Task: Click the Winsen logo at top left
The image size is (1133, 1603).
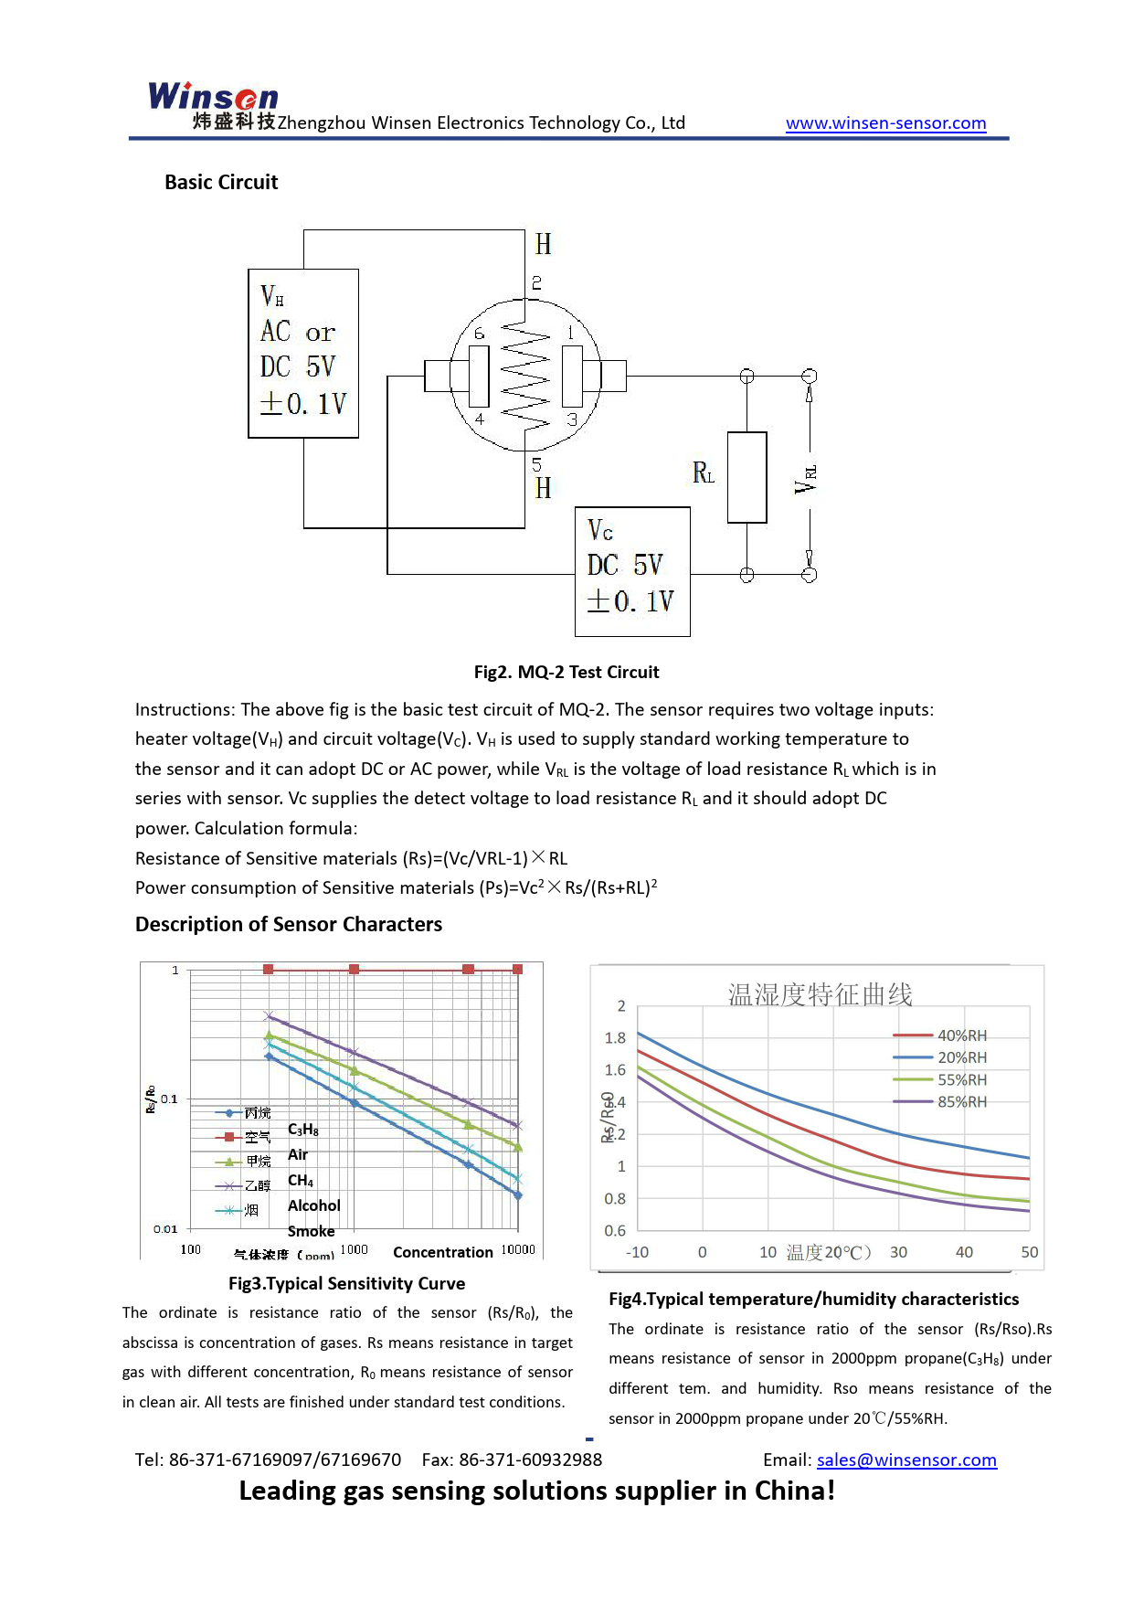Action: click(x=213, y=97)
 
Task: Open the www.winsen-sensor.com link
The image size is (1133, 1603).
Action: click(x=885, y=123)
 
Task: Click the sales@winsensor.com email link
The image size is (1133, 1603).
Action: click(x=906, y=1460)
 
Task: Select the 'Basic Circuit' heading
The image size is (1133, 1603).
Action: click(x=221, y=183)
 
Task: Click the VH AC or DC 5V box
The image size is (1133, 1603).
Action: click(x=303, y=353)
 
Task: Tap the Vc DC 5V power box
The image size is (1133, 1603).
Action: click(x=632, y=571)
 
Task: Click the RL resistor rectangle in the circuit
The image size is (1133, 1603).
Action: click(x=747, y=477)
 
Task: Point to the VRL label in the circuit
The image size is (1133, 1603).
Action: click(x=806, y=478)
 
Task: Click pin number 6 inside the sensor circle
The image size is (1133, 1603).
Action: click(x=479, y=334)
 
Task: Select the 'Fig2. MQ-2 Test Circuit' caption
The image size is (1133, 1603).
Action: click(x=566, y=673)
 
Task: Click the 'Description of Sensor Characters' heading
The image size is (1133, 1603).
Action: click(x=289, y=925)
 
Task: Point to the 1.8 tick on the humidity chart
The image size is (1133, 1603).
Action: click(x=615, y=1038)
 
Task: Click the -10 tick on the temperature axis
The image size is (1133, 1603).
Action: click(x=637, y=1253)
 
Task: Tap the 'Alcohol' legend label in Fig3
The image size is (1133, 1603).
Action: click(x=313, y=1206)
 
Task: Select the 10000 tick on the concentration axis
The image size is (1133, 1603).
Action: click(x=518, y=1250)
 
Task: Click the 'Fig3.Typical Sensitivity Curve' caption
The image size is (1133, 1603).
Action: click(x=346, y=1284)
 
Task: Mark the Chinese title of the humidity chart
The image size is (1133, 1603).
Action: click(x=820, y=994)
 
